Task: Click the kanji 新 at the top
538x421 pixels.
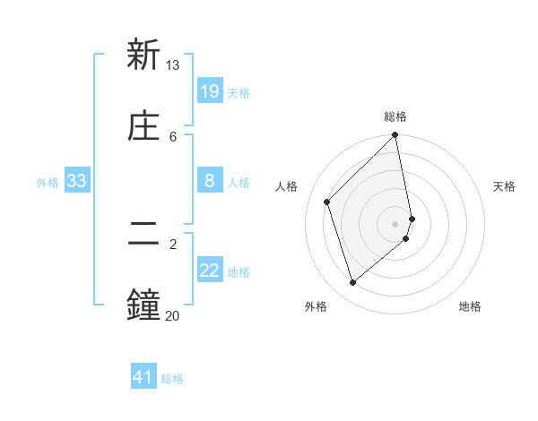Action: pos(143,55)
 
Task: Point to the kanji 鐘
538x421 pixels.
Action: pos(143,305)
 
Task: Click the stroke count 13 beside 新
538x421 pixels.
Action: pos(173,65)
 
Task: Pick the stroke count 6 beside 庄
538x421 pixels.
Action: pos(173,137)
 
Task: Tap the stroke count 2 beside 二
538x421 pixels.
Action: pos(173,244)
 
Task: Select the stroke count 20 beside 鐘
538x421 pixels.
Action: pos(173,315)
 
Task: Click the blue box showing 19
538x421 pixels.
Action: pos(209,91)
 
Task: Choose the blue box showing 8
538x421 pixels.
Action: pos(209,181)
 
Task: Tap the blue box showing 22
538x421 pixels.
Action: pos(209,271)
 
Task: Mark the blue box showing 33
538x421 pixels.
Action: pos(77,181)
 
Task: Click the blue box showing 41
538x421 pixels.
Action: pos(143,377)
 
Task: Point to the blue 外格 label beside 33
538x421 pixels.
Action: pos(48,183)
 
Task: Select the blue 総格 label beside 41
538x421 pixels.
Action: pos(172,379)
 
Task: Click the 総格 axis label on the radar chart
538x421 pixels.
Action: pos(395,116)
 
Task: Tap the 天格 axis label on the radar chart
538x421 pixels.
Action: pos(504,186)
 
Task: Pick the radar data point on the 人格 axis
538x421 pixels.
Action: pos(327,202)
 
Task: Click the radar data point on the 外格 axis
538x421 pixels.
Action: pos(352,283)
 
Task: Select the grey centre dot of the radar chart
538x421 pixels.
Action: pos(395,223)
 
